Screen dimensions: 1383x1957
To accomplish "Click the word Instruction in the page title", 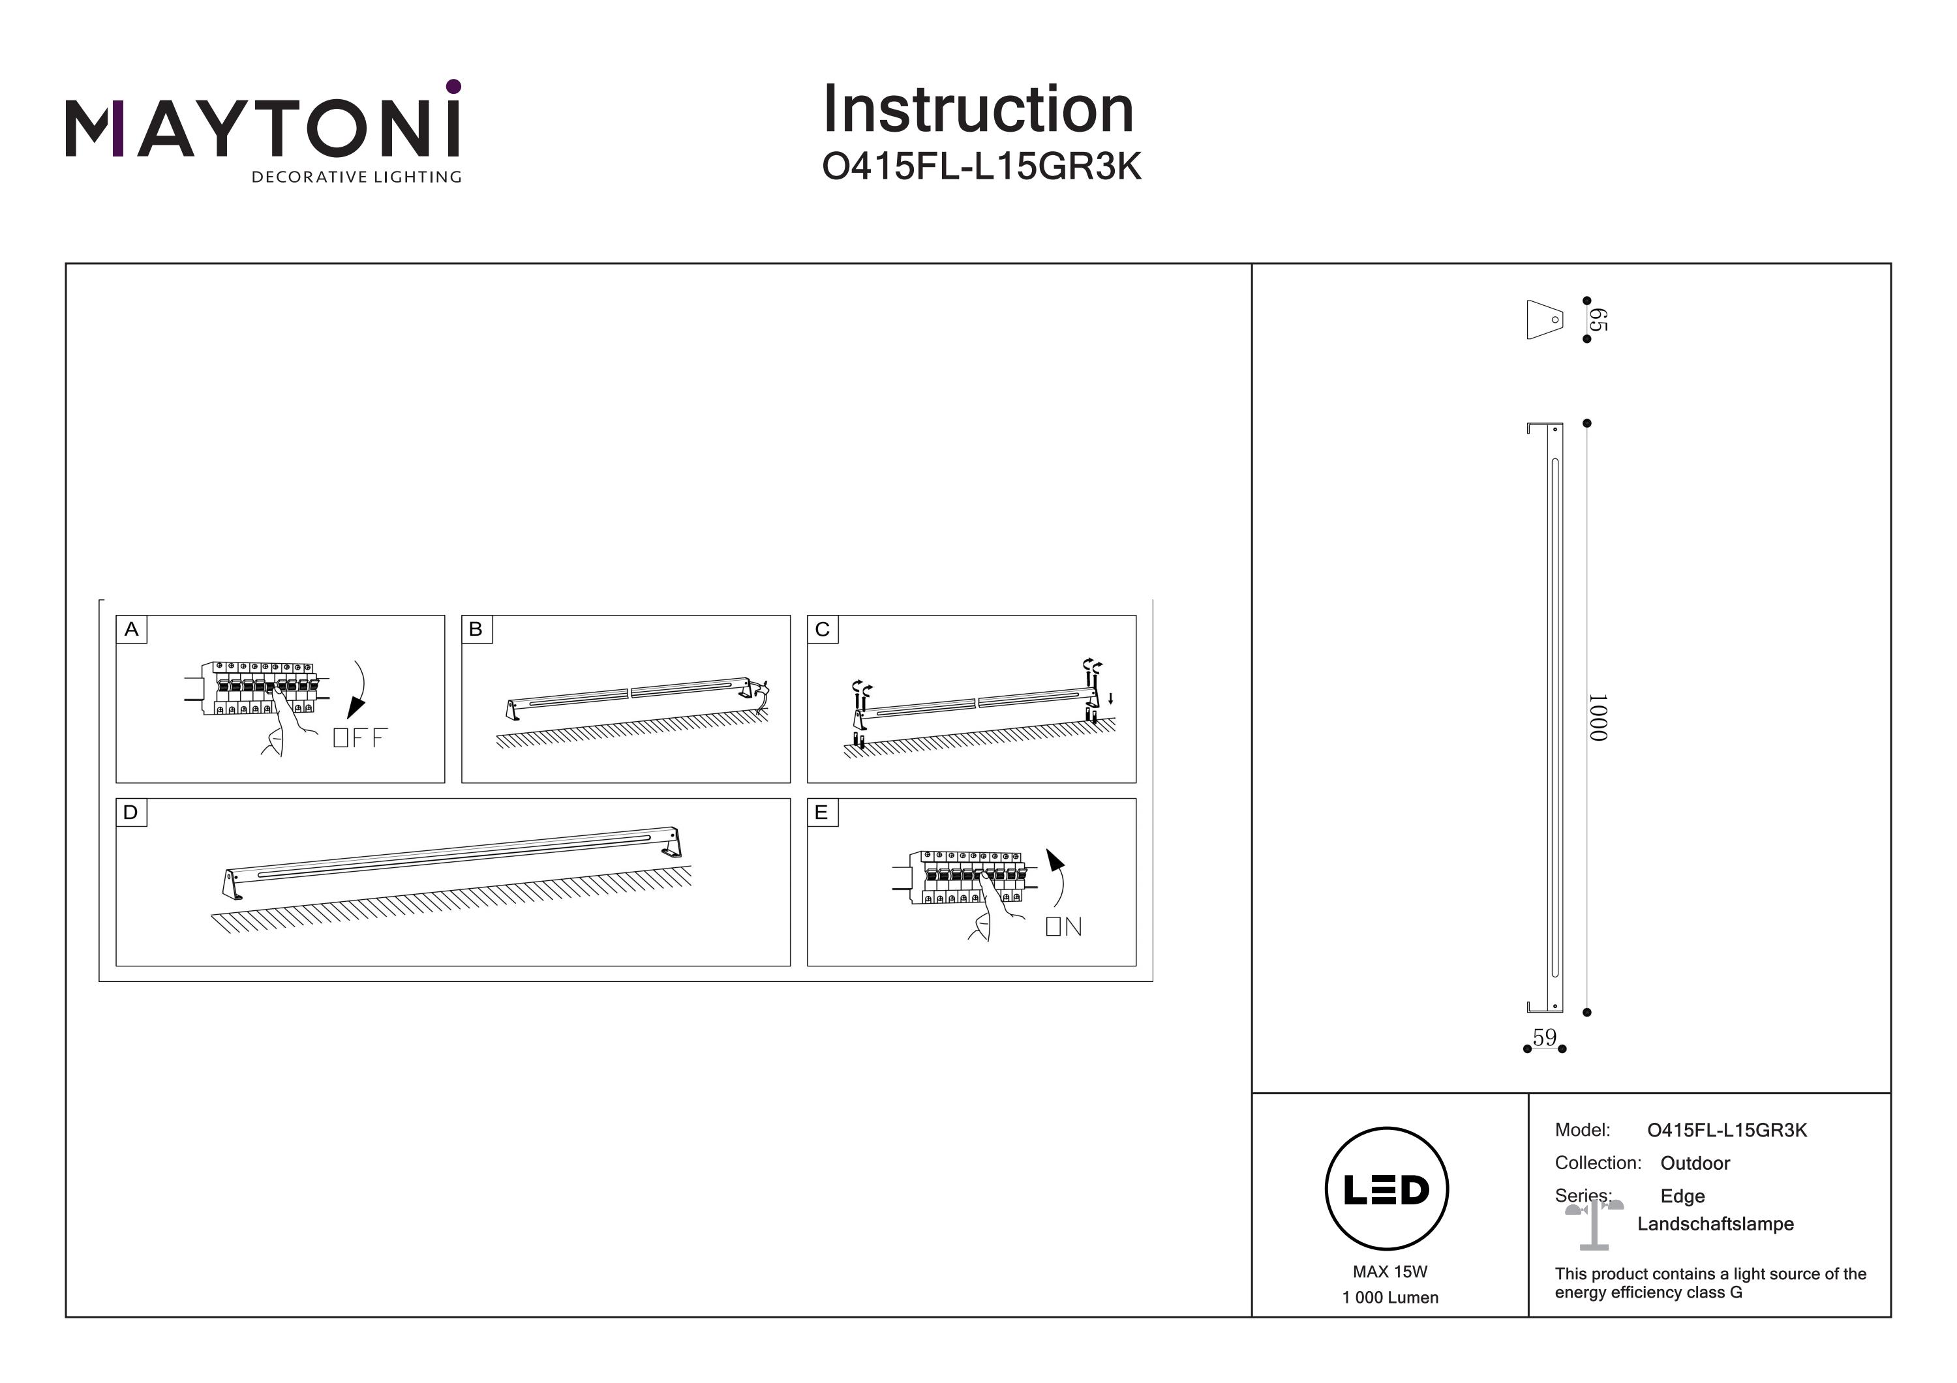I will [x=978, y=110].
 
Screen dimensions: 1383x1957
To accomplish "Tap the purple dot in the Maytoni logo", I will [x=453, y=86].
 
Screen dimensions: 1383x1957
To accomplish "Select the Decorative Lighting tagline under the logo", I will [x=356, y=177].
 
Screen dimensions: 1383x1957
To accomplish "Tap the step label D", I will [x=131, y=812].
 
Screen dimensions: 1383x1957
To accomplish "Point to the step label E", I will [x=822, y=812].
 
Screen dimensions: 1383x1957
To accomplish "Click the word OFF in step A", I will [x=359, y=738].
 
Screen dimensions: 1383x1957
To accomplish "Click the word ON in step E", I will [x=1064, y=927].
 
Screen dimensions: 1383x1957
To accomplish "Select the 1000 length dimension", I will [x=1598, y=717].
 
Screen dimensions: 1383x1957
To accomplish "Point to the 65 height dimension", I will [x=1598, y=320].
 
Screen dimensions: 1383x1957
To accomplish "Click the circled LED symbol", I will [x=1387, y=1189].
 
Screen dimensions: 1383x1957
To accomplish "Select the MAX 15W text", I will [x=1389, y=1271].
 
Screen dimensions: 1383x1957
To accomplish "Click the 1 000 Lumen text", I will [x=1389, y=1298].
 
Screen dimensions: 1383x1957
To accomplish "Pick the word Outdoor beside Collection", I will [x=1695, y=1163].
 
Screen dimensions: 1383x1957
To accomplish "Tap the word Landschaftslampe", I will [x=1715, y=1224].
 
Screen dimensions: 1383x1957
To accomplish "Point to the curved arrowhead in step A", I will [x=356, y=709].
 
